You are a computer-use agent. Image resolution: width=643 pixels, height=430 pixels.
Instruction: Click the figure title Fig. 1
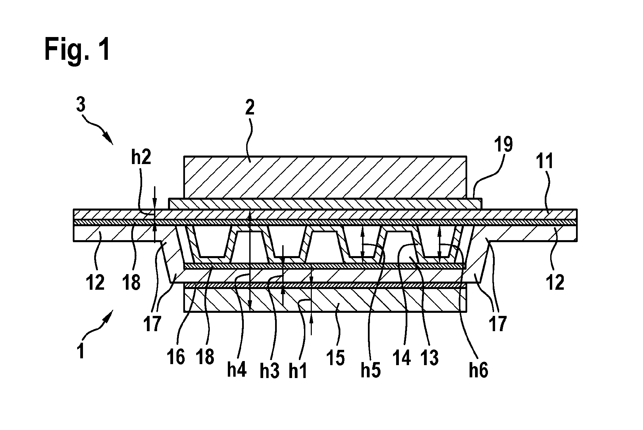point(77,50)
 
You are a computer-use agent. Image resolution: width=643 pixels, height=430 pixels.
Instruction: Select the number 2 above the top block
point(250,108)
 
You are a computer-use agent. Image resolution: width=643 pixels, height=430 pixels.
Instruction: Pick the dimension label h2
point(141,158)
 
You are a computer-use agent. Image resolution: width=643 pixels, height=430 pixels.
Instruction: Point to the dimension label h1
point(298,371)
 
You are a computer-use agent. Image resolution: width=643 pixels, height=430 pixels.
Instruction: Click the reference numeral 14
point(402,358)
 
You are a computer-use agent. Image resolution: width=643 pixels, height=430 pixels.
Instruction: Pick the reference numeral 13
point(429,358)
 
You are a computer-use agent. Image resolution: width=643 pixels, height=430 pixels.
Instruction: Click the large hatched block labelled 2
point(325,177)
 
